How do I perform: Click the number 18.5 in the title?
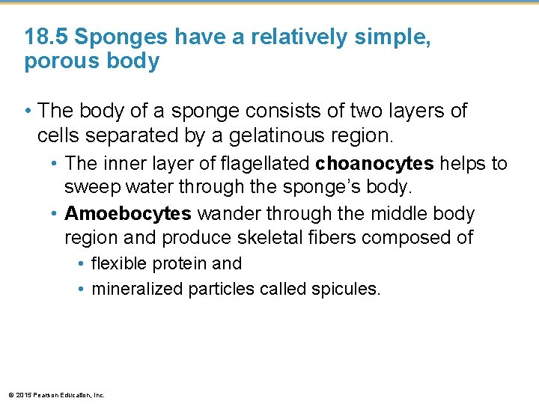pos(46,37)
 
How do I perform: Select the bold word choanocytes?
pos(374,163)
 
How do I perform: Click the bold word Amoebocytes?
pos(128,213)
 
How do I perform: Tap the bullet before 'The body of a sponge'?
pos(28,111)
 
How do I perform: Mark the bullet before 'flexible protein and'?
pos(82,264)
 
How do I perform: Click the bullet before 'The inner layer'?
pos(55,163)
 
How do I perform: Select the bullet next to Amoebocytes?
pos(55,213)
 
